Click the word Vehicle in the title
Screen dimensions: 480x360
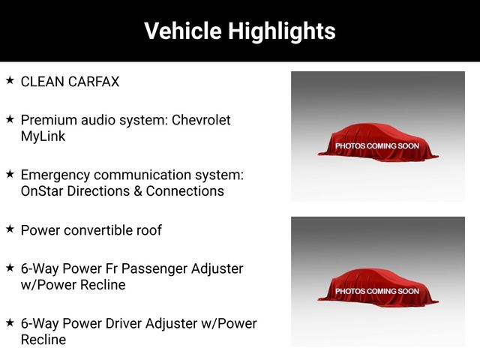coord(183,31)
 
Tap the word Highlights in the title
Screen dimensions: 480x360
coord(282,31)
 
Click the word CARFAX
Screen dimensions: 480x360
coord(94,82)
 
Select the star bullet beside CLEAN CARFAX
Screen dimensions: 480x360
coord(10,80)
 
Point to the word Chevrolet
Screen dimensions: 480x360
coord(201,120)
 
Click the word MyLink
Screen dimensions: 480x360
coord(43,136)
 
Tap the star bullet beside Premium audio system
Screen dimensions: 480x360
coord(10,119)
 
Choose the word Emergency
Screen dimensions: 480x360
coord(55,175)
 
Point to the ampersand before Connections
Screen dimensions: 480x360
coord(138,191)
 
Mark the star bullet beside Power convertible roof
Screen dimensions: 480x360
coord(10,229)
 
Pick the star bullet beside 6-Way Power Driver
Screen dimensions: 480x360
coord(10,322)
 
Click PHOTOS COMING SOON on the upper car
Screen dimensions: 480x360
coord(376,146)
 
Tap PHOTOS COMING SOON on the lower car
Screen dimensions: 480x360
coord(376,291)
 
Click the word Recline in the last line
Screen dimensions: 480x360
coord(43,340)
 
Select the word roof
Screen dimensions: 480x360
coord(149,230)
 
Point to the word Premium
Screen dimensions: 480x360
coord(48,120)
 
